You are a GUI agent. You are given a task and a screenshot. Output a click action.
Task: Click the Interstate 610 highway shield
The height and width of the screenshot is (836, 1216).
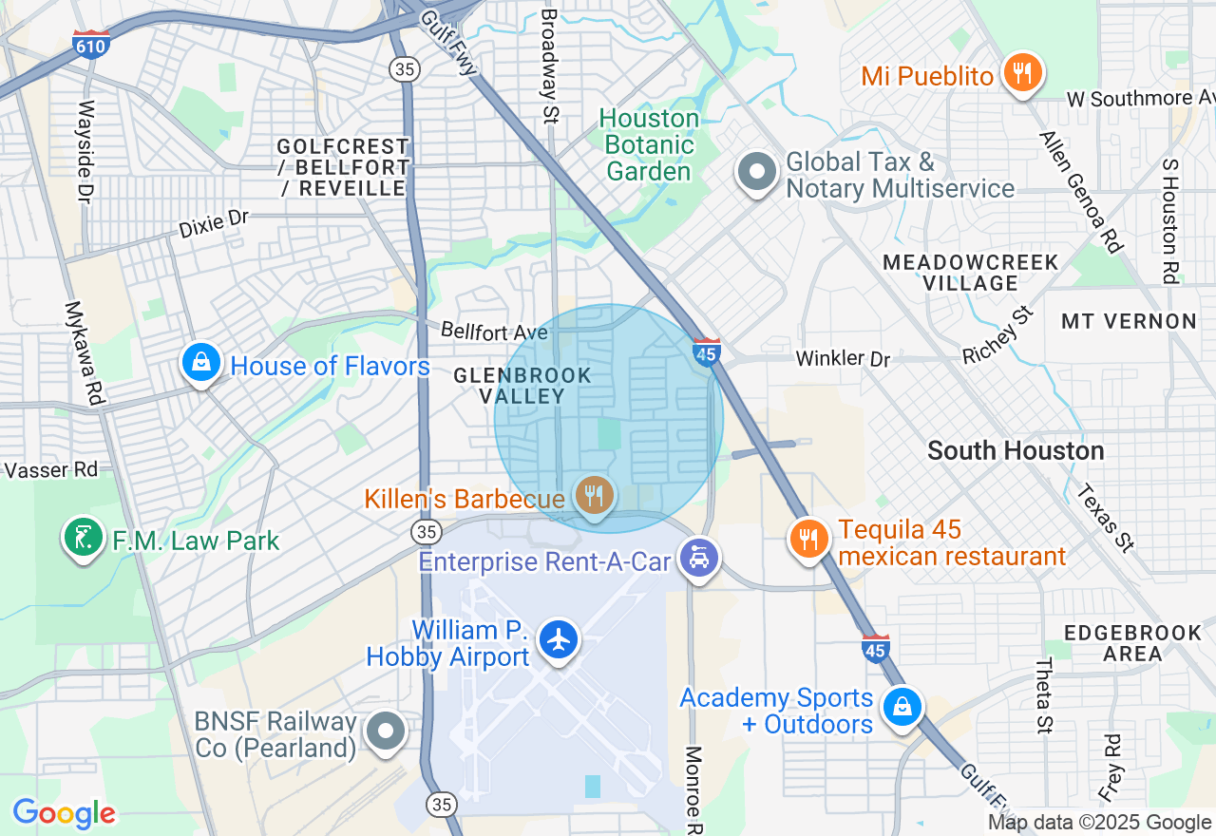coord(90,45)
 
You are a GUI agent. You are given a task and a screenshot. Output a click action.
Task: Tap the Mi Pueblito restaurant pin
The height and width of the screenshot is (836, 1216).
coord(1021,72)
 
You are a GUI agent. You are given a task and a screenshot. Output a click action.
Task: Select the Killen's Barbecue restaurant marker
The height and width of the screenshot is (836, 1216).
coord(594,495)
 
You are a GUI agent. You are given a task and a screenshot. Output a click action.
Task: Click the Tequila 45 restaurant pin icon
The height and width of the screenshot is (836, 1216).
coord(808,539)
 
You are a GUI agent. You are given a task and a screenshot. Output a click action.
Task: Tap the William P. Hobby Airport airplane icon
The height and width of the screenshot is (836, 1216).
coord(559,639)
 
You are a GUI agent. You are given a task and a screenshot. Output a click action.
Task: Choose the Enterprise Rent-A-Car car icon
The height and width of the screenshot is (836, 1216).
coord(699,558)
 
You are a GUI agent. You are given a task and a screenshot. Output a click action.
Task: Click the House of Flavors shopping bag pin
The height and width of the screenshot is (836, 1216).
coord(201,362)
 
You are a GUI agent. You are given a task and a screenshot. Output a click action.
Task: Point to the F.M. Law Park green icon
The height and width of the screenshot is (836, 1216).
coord(84,538)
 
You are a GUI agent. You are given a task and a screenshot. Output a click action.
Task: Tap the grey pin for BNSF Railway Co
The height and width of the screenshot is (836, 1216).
coord(386,731)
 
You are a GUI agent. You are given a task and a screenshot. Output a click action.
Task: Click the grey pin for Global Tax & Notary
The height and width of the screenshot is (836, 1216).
coord(757,173)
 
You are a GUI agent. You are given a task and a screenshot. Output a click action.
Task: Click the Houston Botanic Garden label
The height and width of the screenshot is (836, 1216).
coord(650,145)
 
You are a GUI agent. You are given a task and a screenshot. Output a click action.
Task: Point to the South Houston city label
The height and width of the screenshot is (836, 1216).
coord(1016,450)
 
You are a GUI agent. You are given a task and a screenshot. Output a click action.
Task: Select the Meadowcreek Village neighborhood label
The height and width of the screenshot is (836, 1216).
coord(970,273)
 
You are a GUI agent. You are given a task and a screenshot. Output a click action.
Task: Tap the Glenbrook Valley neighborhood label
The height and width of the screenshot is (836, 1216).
coord(522,386)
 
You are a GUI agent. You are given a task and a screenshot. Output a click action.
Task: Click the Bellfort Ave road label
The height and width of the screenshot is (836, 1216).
coord(494,332)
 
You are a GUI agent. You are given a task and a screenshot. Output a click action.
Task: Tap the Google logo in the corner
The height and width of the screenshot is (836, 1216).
coord(64,813)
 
